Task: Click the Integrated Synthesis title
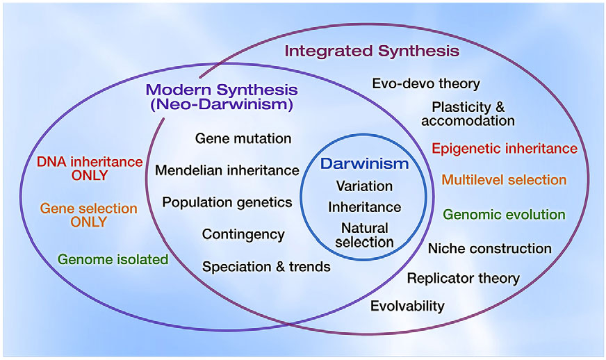pyautogui.click(x=372, y=51)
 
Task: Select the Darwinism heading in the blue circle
pyautogui.click(x=364, y=165)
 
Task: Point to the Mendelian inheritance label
pyautogui.click(x=227, y=170)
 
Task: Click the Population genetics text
pyautogui.click(x=227, y=202)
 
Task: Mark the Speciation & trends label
pyautogui.click(x=266, y=266)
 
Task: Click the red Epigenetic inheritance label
pyautogui.click(x=505, y=148)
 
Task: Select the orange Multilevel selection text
pyautogui.click(x=504, y=180)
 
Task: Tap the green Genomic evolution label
pyautogui.click(x=504, y=215)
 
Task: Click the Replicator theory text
pyautogui.click(x=463, y=279)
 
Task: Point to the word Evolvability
pyautogui.click(x=407, y=306)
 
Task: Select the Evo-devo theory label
pyautogui.click(x=426, y=83)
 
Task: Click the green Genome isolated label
pyautogui.click(x=113, y=259)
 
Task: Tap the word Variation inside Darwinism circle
pyautogui.click(x=364, y=186)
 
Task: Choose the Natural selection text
pyautogui.click(x=364, y=235)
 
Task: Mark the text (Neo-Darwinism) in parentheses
pyautogui.click(x=222, y=105)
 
